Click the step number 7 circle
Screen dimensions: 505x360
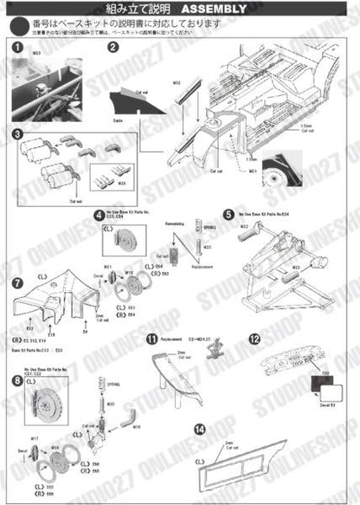point(16,283)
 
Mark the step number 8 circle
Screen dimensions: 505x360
point(16,379)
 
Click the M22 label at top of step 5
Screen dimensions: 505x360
point(246,227)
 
